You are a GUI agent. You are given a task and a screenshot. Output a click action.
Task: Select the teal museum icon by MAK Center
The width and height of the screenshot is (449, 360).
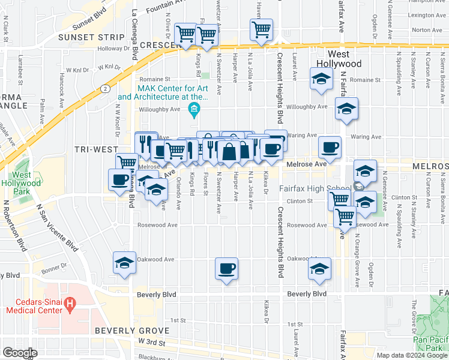194,109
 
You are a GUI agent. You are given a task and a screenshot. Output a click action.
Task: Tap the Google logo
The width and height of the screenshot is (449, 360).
19,353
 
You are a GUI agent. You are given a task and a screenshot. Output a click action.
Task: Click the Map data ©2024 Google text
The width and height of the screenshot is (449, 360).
412,355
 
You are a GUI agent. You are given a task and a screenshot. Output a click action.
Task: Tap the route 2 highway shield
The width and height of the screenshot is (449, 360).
105,88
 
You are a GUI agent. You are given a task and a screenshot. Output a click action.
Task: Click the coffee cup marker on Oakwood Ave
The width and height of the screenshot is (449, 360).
226,268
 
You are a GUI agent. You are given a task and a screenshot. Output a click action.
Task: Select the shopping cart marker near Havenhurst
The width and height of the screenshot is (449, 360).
261,29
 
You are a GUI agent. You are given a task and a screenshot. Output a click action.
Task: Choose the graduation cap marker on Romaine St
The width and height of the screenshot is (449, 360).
321,79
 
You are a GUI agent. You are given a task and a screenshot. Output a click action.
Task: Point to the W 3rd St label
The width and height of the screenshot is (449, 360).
151,341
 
